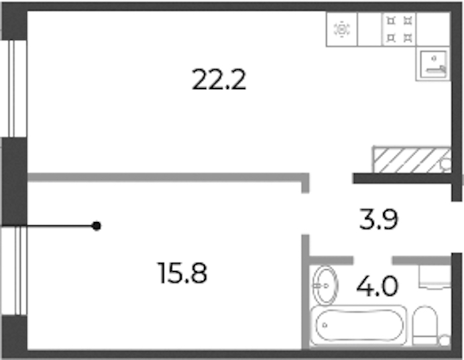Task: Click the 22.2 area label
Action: click(x=219, y=80)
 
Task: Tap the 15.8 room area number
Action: click(x=182, y=273)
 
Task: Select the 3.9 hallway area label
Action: click(x=378, y=219)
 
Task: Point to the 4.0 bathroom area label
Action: click(x=378, y=286)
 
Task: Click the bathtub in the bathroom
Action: click(x=359, y=325)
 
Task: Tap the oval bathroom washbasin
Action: click(x=325, y=286)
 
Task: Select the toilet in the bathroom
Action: click(x=425, y=325)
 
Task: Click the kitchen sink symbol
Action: click(x=434, y=64)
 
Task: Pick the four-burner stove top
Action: click(x=399, y=29)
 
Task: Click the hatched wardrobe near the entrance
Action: click(x=412, y=160)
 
